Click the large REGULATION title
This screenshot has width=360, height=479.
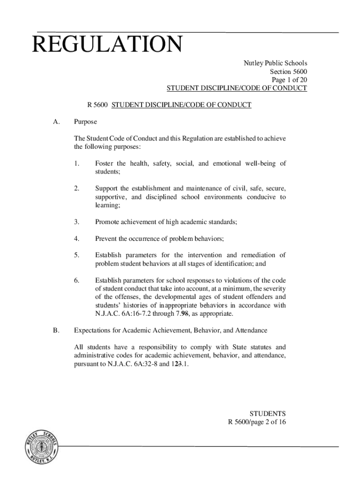point(107,45)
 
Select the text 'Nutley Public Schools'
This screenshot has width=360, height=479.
point(275,63)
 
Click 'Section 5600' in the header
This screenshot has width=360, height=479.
point(288,72)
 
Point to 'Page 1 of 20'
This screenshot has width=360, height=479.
point(288,80)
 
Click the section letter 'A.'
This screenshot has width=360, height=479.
point(56,122)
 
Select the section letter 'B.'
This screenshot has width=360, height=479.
point(56,330)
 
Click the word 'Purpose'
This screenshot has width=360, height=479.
point(86,122)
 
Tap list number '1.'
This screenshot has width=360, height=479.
point(77,163)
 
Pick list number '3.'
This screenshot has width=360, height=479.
point(77,222)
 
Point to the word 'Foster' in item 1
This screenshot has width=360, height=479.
point(104,163)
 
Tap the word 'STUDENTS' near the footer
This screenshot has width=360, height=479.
point(267,414)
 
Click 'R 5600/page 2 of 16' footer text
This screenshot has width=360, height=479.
point(257,422)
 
